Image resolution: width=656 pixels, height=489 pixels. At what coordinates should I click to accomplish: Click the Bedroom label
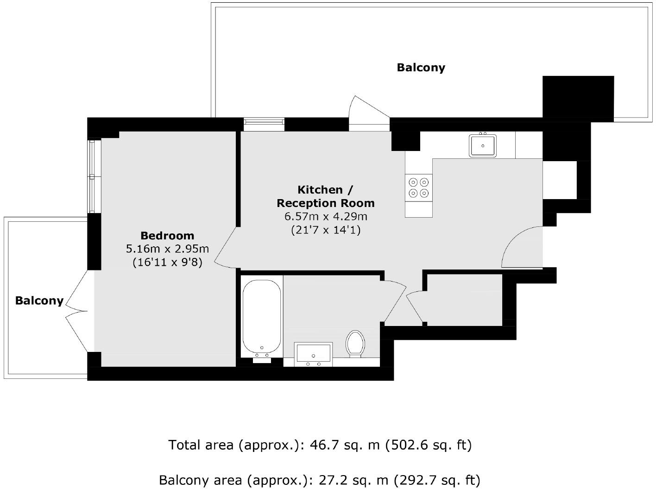click(167, 236)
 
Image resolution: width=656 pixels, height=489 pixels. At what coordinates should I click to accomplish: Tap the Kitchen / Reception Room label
click(325, 196)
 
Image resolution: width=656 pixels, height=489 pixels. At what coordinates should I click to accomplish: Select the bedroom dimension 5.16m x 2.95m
click(167, 249)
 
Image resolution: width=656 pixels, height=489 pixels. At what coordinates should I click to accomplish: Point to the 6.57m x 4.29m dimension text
click(325, 217)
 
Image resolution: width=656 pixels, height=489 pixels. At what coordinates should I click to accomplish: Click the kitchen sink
click(482, 145)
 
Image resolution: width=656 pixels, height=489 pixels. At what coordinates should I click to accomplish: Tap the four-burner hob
click(419, 188)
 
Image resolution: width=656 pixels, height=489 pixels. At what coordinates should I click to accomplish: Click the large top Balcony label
click(421, 68)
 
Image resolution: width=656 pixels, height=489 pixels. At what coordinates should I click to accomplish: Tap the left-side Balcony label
click(39, 301)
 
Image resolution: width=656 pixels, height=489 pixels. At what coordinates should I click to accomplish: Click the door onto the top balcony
click(369, 111)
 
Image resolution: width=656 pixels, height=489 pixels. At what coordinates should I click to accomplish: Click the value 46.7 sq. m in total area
click(344, 445)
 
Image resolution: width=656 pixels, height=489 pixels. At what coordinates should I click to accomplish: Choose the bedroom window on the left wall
click(94, 176)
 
